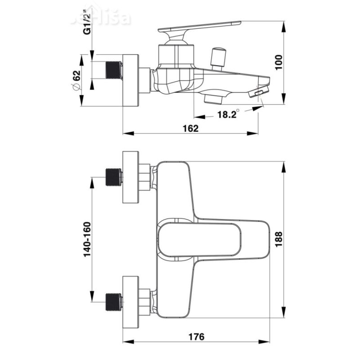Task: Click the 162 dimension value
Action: (191, 128)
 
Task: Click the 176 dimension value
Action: (197, 336)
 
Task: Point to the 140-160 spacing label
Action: (87, 239)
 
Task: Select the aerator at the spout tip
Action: (258, 93)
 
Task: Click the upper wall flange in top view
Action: (131, 177)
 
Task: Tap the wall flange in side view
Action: (131, 81)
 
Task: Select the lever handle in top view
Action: (211, 238)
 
